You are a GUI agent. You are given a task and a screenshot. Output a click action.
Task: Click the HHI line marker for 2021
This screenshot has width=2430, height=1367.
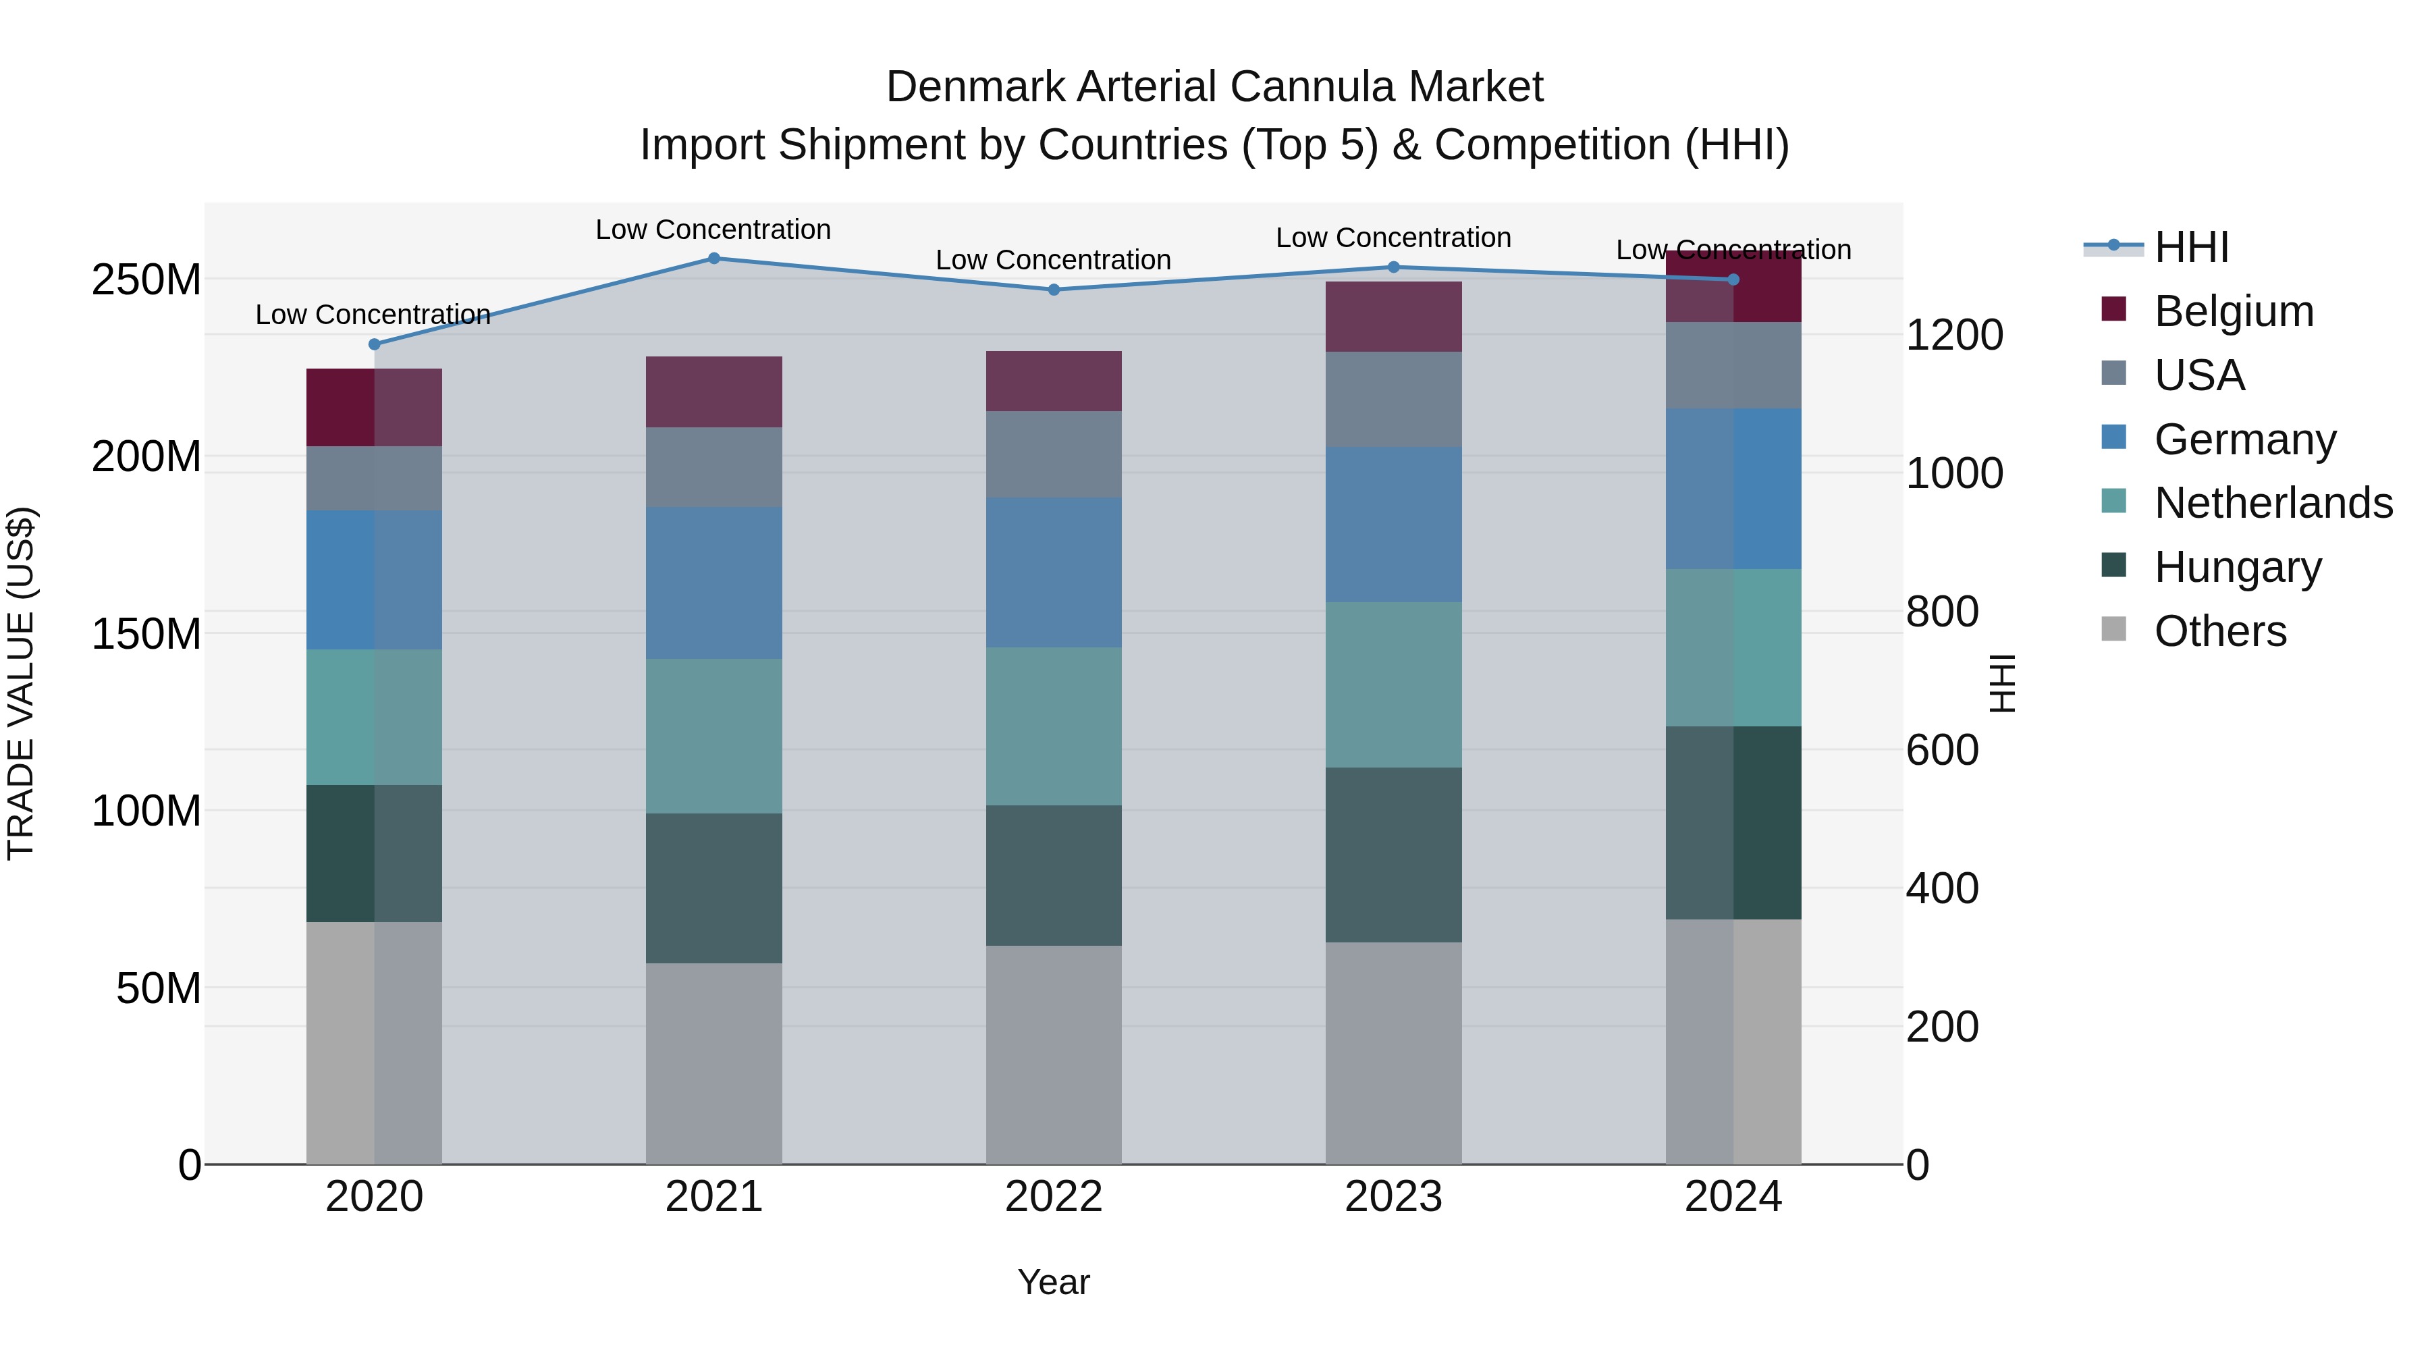click(x=714, y=259)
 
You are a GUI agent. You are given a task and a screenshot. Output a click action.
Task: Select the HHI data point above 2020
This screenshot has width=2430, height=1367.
click(x=375, y=344)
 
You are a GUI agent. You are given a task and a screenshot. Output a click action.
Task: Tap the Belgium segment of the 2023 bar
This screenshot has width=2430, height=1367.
click(x=1393, y=317)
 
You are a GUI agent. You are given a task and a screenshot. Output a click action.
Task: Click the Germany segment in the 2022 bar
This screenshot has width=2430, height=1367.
click(x=1054, y=572)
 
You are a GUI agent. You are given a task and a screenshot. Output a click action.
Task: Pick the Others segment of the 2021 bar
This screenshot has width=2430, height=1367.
click(x=714, y=1063)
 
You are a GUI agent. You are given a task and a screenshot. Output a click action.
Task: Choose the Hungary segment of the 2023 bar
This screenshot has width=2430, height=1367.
click(x=1393, y=855)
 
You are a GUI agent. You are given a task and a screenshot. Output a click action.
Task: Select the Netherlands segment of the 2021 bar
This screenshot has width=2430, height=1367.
click(x=714, y=736)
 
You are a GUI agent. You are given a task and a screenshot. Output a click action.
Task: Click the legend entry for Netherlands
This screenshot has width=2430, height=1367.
click(x=2273, y=503)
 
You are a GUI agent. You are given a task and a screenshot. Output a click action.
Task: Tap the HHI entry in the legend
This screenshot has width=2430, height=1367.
click(x=2191, y=247)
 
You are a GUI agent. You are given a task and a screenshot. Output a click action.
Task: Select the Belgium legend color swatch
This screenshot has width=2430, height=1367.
click(x=2114, y=309)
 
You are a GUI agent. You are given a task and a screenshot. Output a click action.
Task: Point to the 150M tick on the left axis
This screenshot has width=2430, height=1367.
click(x=146, y=634)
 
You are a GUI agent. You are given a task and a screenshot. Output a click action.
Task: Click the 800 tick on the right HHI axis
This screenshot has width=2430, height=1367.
click(x=1941, y=612)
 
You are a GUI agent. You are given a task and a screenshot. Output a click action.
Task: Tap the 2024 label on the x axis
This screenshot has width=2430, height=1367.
click(x=1733, y=1197)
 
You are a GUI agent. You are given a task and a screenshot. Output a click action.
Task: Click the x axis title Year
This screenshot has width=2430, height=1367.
click(x=1054, y=1282)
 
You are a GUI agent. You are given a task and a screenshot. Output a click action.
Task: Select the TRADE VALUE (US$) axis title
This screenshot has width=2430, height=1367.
click(x=21, y=683)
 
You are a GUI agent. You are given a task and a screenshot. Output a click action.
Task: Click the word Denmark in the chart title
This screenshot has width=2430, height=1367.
click(x=976, y=87)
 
